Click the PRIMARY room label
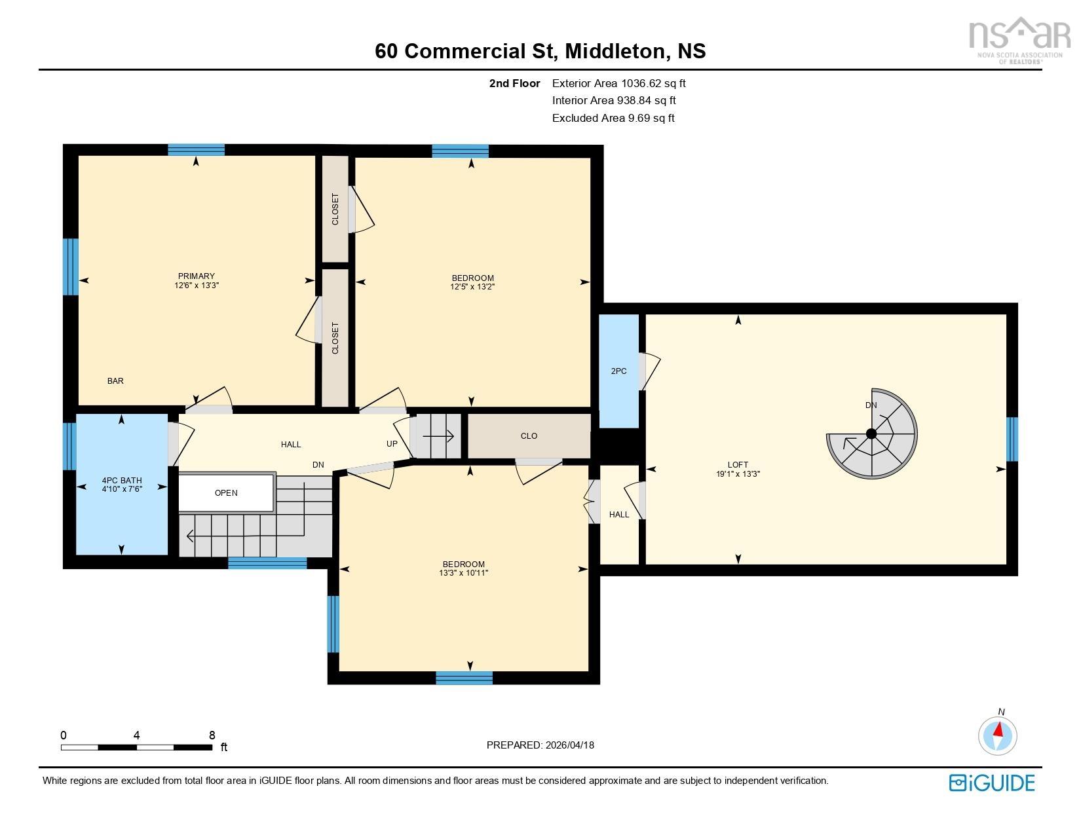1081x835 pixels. [x=196, y=276]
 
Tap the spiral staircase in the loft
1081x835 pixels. [x=871, y=434]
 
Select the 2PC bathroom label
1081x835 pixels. [x=618, y=371]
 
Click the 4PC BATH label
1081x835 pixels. [x=122, y=481]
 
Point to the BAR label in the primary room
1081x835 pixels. [x=115, y=381]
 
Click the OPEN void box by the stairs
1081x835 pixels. [x=226, y=493]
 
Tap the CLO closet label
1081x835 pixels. [x=529, y=436]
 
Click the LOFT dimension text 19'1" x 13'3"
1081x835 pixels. [x=738, y=474]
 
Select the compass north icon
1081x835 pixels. [x=997, y=735]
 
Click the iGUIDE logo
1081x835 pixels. [x=992, y=783]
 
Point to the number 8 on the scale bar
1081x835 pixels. [x=212, y=735]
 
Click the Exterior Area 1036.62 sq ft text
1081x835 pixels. [x=618, y=83]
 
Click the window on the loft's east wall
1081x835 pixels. [x=1012, y=439]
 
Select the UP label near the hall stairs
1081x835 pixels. [x=392, y=444]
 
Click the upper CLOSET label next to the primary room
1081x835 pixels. [x=335, y=209]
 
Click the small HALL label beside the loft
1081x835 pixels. [x=618, y=515]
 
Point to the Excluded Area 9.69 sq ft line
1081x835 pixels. [x=613, y=119]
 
